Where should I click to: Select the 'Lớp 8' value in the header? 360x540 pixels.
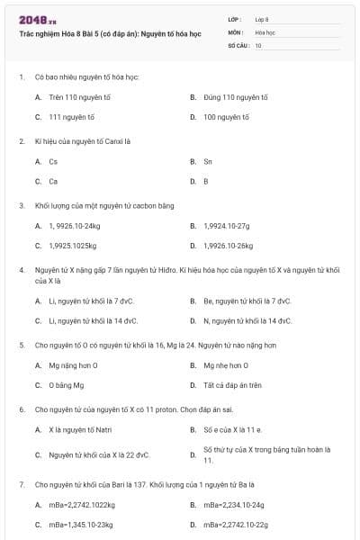pos(262,18)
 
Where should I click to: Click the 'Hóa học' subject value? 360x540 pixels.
pos(265,31)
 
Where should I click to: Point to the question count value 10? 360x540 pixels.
pos(259,45)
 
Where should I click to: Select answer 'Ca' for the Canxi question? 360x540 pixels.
pos(53,181)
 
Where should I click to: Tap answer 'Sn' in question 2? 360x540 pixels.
pos(208,161)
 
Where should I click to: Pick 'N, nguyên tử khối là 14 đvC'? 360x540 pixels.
pos(247,320)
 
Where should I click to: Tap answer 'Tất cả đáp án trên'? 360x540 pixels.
pos(232,384)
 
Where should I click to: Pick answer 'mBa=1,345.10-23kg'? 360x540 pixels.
pos(81,524)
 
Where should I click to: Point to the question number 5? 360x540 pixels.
pos(22,345)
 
